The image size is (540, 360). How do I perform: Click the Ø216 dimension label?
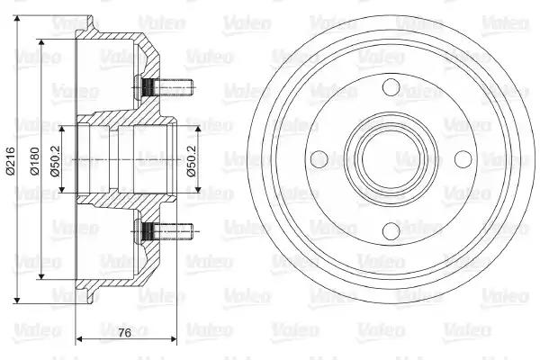coord(10,160)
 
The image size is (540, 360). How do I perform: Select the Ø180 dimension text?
coord(35,161)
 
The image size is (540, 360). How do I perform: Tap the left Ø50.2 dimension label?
coord(55,161)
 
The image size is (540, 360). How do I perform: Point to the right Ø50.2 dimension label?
coord(192,161)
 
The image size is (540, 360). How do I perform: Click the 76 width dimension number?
coord(125,333)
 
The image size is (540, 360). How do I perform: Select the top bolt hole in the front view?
coord(391,87)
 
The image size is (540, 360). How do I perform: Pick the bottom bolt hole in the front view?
coord(391,230)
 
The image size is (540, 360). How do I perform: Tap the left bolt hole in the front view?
coord(319,159)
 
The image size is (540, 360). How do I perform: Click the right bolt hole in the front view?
coord(463,158)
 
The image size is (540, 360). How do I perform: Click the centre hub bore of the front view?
coord(391,159)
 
